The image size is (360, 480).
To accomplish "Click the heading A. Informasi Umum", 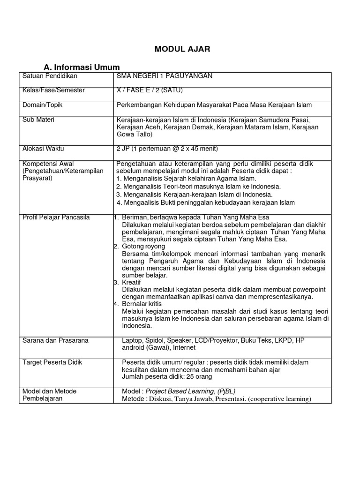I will coord(82,67).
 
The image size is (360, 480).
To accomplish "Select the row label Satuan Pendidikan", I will coord(50,76).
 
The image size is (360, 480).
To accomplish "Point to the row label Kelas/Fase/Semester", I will coord(54,90).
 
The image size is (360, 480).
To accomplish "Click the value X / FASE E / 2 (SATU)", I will coord(150,90).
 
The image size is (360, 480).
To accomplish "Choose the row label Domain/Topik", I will coord(43,105).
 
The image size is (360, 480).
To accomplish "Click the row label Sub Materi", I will coord(38,120).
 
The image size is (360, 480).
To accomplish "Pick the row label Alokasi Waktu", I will coord(44,149).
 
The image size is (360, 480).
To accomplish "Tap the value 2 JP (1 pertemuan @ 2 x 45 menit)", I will coord(167,149).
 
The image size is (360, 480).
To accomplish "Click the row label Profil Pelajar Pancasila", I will coord(56,217).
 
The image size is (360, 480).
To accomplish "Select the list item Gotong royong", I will coord(143,246).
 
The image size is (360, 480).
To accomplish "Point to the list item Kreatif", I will coord(131,282).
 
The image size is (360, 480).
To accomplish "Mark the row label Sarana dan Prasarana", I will coord(56,340).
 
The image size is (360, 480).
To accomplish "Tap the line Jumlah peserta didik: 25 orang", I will coord(167,376).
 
